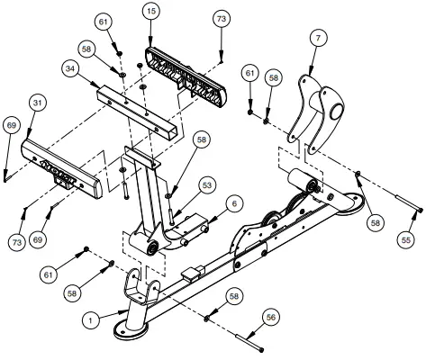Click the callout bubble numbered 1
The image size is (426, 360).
[x=90, y=319]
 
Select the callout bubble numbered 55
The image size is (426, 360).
[x=406, y=240]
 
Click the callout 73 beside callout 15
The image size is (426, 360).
[x=222, y=18]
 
